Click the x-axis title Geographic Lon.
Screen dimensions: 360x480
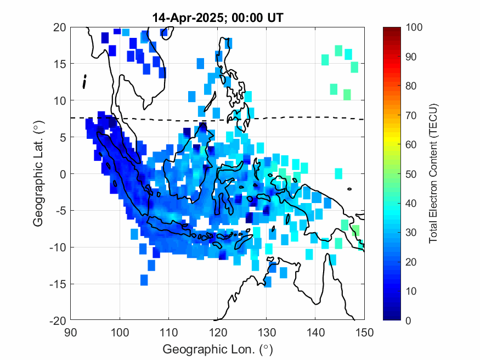click(x=217, y=350)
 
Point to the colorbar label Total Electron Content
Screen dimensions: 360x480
click(x=433, y=173)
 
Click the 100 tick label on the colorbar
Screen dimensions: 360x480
click(x=414, y=27)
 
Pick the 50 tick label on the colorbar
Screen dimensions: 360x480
click(x=412, y=174)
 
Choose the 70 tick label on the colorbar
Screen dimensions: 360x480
click(x=412, y=115)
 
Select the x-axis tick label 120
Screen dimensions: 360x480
click(x=217, y=332)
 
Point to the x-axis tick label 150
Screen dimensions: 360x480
click(x=364, y=332)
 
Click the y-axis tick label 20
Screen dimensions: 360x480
click(x=60, y=27)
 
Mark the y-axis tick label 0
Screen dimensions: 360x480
click(x=63, y=174)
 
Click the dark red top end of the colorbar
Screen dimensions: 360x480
click(x=390, y=30)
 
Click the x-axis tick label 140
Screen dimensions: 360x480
click(x=315, y=332)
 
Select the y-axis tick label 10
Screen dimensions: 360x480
click(x=60, y=101)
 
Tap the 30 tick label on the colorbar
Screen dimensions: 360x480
click(x=412, y=233)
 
